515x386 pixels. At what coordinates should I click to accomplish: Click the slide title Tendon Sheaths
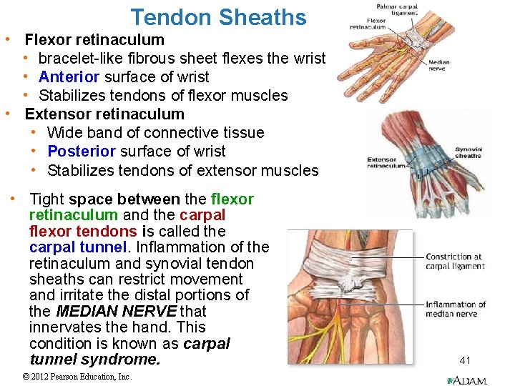pos(218,16)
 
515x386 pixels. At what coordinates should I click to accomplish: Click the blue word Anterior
pos(71,76)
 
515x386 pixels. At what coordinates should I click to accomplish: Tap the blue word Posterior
pos(79,151)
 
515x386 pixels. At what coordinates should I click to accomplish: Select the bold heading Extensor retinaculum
pos(104,114)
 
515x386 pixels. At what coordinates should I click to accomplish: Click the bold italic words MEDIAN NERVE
pos(115,311)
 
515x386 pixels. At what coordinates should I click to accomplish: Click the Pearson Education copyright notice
pos(77,377)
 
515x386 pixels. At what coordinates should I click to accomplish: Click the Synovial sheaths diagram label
pos(468,152)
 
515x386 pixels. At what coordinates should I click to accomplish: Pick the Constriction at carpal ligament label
pos(455,262)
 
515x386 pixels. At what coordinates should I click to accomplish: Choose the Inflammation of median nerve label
pos(456,309)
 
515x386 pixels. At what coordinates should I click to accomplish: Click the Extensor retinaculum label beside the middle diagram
pos(386,162)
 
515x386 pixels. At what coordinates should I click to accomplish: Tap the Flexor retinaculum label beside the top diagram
pos(367,24)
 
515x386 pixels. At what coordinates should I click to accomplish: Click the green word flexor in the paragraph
pos(232,199)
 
